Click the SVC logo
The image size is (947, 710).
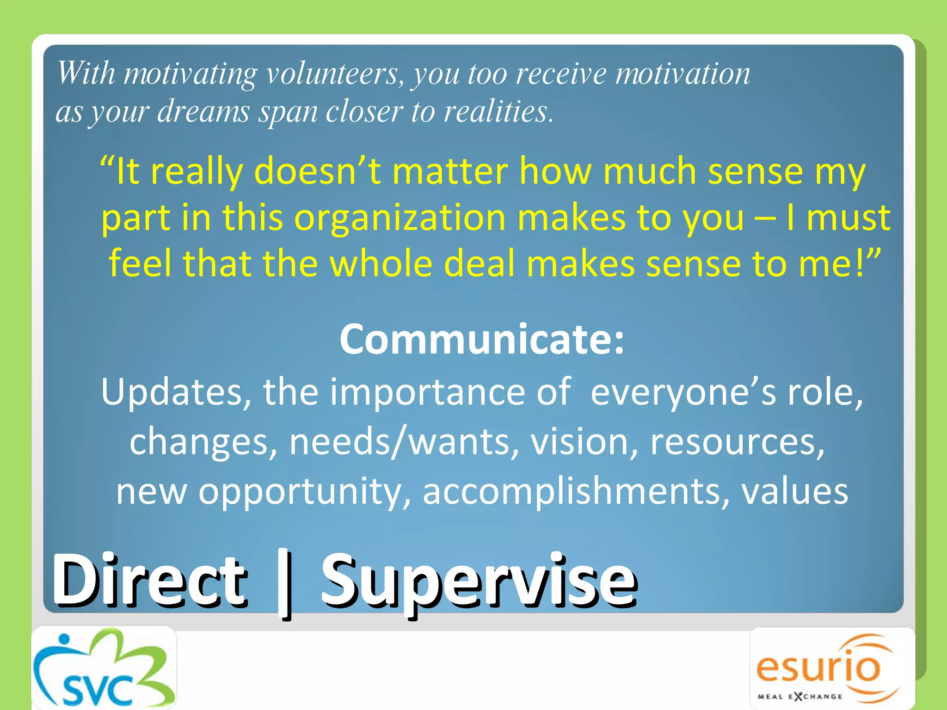(104, 668)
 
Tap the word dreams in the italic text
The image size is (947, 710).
(203, 112)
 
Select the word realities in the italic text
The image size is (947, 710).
(497, 112)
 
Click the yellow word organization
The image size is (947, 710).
(400, 218)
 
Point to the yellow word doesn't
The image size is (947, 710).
(317, 171)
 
